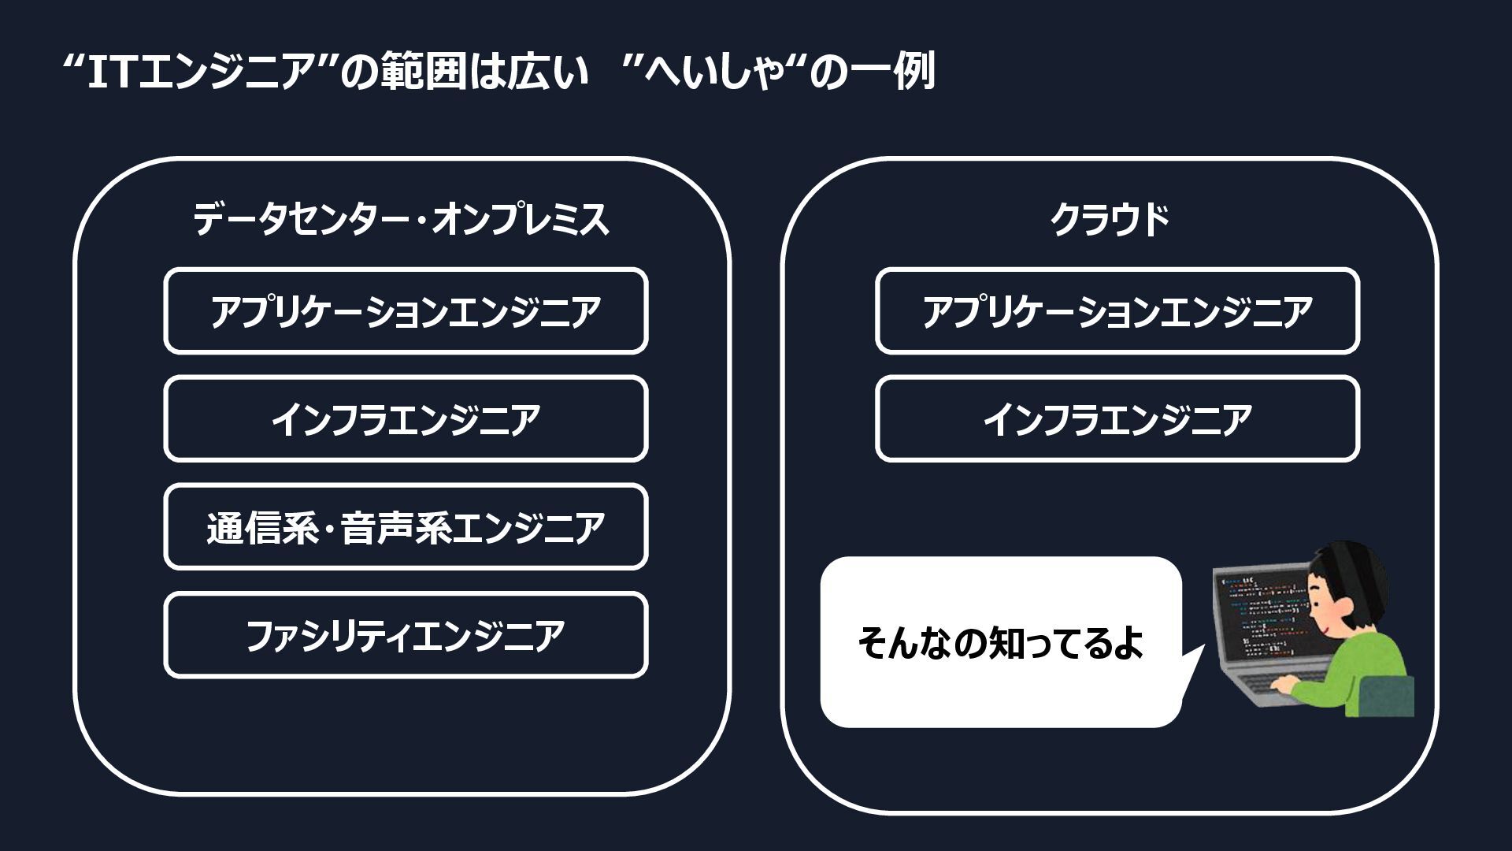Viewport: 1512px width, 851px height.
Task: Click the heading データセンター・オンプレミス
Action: [x=402, y=219]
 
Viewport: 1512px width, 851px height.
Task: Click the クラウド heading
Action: [x=1110, y=219]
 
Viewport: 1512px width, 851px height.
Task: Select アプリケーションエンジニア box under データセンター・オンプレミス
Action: [x=406, y=311]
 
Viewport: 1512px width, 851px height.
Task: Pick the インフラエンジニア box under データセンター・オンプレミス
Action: [x=406, y=419]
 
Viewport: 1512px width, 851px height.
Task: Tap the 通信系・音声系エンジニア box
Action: [x=406, y=527]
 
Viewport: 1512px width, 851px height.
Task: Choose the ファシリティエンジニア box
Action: [x=406, y=635]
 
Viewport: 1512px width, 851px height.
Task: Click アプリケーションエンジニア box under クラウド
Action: [x=1117, y=311]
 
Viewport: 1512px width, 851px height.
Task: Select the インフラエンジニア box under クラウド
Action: [x=1117, y=419]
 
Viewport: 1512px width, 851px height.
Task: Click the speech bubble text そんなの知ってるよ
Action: [x=1000, y=643]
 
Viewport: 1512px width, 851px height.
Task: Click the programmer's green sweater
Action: [x=1370, y=670]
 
